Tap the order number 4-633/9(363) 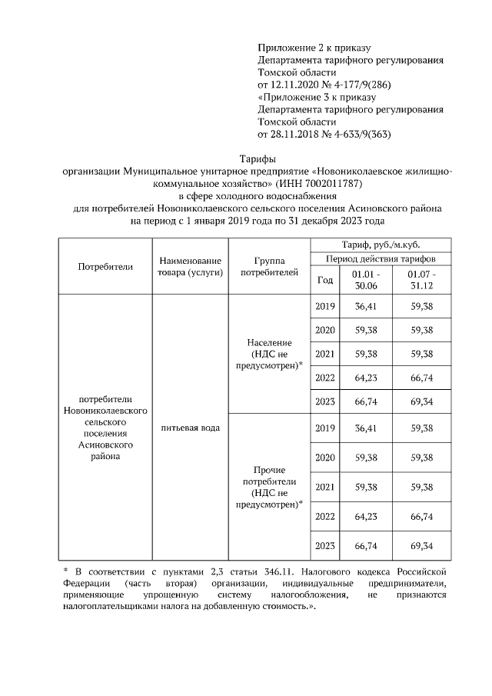pyautogui.click(x=357, y=135)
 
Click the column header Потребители pyautogui.click(x=105, y=267)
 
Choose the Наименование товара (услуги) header pyautogui.click(x=190, y=267)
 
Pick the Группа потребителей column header pyautogui.click(x=268, y=267)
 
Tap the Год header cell pyautogui.click(x=324, y=280)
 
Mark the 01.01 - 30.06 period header pyautogui.click(x=365, y=280)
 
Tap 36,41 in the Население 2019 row pyautogui.click(x=365, y=307)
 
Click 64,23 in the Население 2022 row pyautogui.click(x=365, y=378)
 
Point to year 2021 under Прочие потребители pyautogui.click(x=324, y=487)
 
